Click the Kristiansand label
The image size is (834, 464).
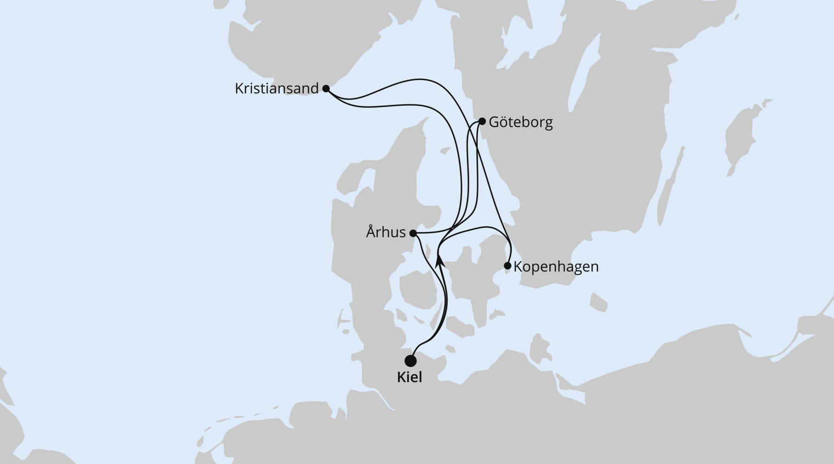(x=276, y=88)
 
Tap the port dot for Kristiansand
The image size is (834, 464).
(x=326, y=88)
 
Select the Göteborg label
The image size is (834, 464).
(x=520, y=122)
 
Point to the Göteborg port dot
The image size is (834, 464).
(x=482, y=122)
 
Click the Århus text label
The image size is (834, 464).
(x=385, y=232)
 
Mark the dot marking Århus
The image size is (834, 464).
(x=413, y=233)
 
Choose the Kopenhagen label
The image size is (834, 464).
(x=556, y=267)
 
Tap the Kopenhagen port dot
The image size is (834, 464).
(x=507, y=266)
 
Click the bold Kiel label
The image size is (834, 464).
(x=410, y=377)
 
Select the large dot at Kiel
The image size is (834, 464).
(x=410, y=361)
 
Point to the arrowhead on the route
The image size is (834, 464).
(x=440, y=260)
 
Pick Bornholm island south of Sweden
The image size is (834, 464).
(x=598, y=302)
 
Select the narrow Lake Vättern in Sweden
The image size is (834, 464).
(x=585, y=65)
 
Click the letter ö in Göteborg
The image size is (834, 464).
(x=502, y=122)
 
